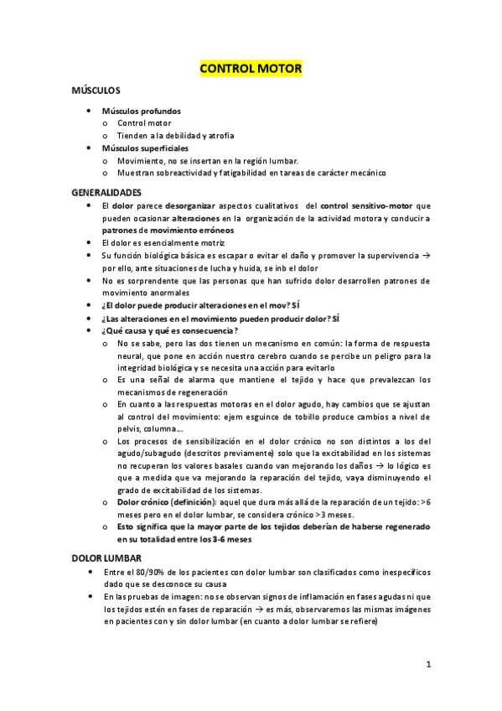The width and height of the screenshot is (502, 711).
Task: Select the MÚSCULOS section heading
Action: pyautogui.click(x=96, y=90)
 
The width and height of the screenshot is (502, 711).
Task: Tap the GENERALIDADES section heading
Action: pyautogui.click(x=106, y=192)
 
